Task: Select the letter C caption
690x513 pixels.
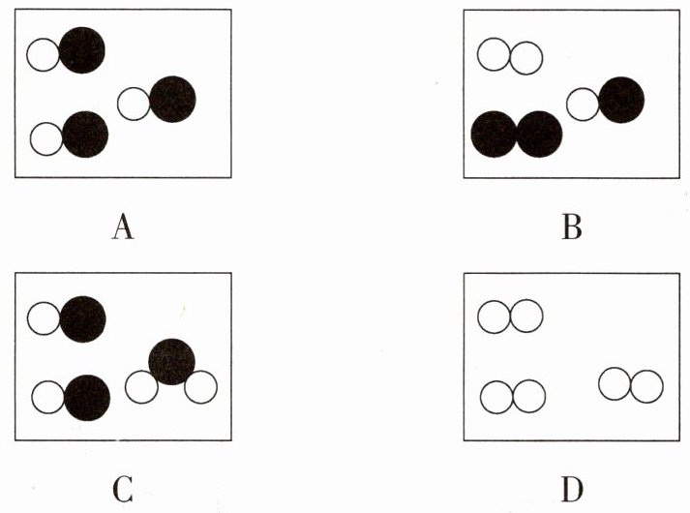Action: tap(122, 489)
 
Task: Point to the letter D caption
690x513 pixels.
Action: tap(571, 489)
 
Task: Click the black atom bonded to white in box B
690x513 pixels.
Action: tap(620, 100)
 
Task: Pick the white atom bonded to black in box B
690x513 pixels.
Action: tap(583, 104)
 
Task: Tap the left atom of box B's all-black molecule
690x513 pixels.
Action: tap(494, 134)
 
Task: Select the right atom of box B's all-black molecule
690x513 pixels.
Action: tap(539, 134)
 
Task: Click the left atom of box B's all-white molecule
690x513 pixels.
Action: tap(494, 56)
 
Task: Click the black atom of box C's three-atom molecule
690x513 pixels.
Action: tap(172, 361)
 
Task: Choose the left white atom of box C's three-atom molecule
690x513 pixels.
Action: tap(142, 387)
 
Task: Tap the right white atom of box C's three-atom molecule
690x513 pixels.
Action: tap(201, 387)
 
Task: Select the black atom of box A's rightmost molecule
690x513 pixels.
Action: tap(172, 99)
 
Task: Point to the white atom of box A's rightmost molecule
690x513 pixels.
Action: tap(135, 104)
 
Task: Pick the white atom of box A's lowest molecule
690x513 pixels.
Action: tap(46, 139)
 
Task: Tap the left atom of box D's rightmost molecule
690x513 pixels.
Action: tap(615, 384)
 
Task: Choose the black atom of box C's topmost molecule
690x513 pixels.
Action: tap(82, 318)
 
